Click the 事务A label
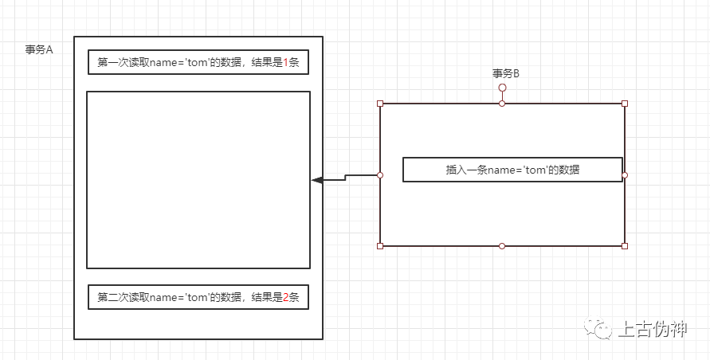click(x=39, y=49)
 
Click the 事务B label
click(x=506, y=73)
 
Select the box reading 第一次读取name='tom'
click(x=198, y=62)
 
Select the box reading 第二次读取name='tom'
click(x=198, y=297)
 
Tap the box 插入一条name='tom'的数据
click(x=512, y=170)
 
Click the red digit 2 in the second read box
click(x=286, y=297)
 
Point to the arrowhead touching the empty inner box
click(x=316, y=181)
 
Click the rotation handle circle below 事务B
click(x=502, y=88)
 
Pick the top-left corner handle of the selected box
click(x=380, y=104)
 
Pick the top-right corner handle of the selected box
click(x=625, y=104)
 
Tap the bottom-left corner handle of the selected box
click(x=380, y=246)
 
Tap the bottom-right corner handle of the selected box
click(x=625, y=246)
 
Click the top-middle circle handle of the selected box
click(x=502, y=104)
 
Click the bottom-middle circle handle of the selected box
click(x=502, y=246)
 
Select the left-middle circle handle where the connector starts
click(x=380, y=175)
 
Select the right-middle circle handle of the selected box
click(x=625, y=175)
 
